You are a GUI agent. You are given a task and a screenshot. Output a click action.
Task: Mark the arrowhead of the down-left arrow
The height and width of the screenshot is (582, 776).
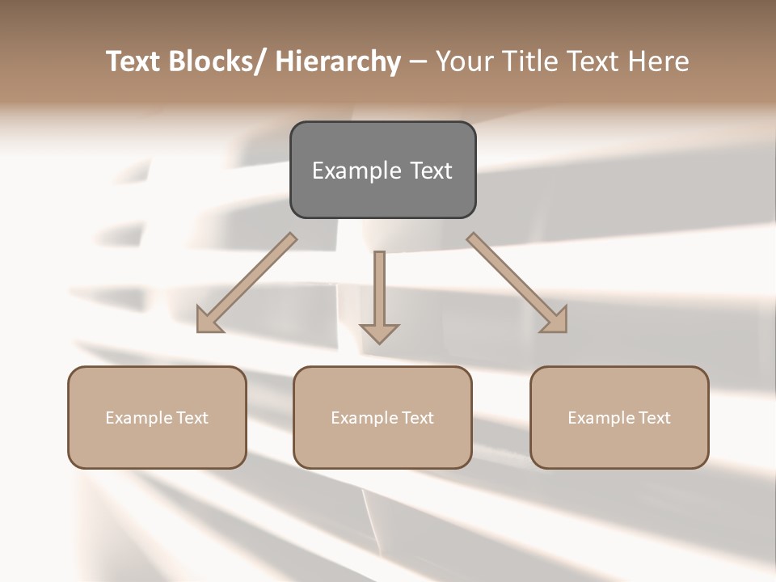tap(208, 322)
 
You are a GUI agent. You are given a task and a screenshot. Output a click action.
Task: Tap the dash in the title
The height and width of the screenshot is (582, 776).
tap(418, 62)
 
